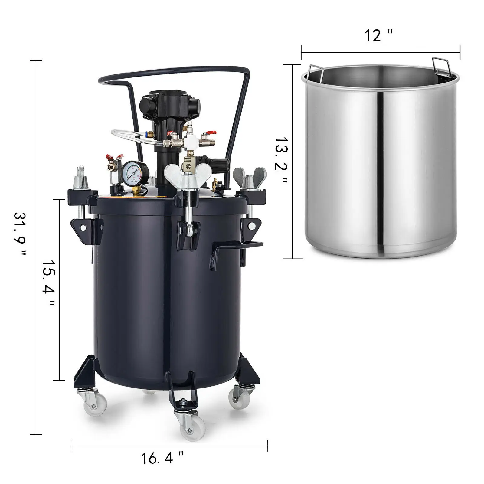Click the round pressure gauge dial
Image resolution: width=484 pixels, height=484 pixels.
pos(132,172)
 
